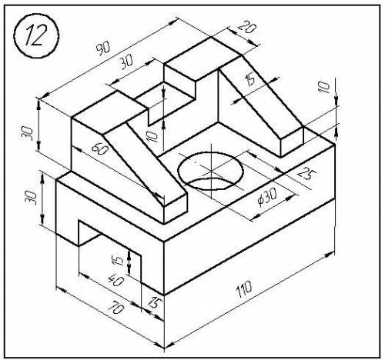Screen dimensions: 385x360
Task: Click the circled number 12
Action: [36, 36]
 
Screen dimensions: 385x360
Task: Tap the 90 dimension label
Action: [103, 48]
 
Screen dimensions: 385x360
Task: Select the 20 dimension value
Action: [246, 27]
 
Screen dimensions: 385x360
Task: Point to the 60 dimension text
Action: [100, 149]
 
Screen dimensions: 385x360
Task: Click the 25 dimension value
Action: [307, 173]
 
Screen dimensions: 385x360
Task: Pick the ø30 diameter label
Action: [267, 197]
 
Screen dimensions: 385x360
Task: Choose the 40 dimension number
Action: [115, 280]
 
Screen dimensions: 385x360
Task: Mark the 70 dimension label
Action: [115, 307]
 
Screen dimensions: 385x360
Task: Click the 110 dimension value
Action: [244, 289]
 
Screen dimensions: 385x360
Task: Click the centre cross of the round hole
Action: [211, 170]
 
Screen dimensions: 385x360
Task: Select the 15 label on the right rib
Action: [249, 79]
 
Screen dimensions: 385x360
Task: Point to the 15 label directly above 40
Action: [117, 260]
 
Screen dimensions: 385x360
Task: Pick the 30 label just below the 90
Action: [126, 62]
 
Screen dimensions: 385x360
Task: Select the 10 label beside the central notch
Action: [152, 135]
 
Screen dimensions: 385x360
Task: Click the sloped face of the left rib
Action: [145, 164]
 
